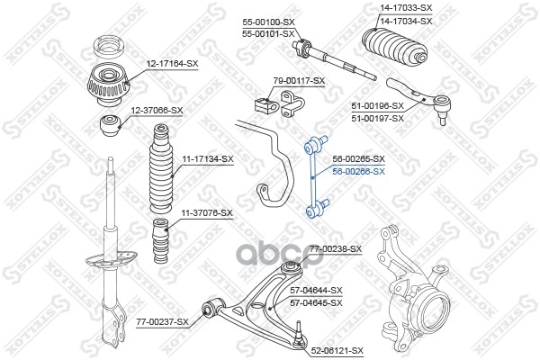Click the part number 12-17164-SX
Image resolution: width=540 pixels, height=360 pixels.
172,64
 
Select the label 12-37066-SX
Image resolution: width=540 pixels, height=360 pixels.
157,111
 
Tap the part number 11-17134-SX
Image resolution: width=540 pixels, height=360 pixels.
208,158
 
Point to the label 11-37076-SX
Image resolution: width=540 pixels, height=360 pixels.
207,213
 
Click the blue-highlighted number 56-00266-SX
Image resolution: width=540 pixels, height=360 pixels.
358,171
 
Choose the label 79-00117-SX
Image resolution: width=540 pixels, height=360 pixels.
299,81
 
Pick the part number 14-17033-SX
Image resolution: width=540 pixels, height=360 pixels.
406,7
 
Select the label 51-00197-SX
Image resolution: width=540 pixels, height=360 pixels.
377,119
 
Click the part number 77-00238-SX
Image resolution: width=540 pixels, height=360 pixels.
336,248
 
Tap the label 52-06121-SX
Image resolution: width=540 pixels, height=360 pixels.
337,351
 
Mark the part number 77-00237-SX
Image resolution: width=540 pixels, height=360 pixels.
162,322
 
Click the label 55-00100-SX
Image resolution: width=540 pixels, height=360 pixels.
268,22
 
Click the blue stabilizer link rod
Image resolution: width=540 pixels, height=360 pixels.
316,177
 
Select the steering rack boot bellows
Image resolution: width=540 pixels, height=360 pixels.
395,47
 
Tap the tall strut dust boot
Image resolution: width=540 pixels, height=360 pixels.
161,168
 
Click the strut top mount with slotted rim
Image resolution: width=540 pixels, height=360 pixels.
108,85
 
